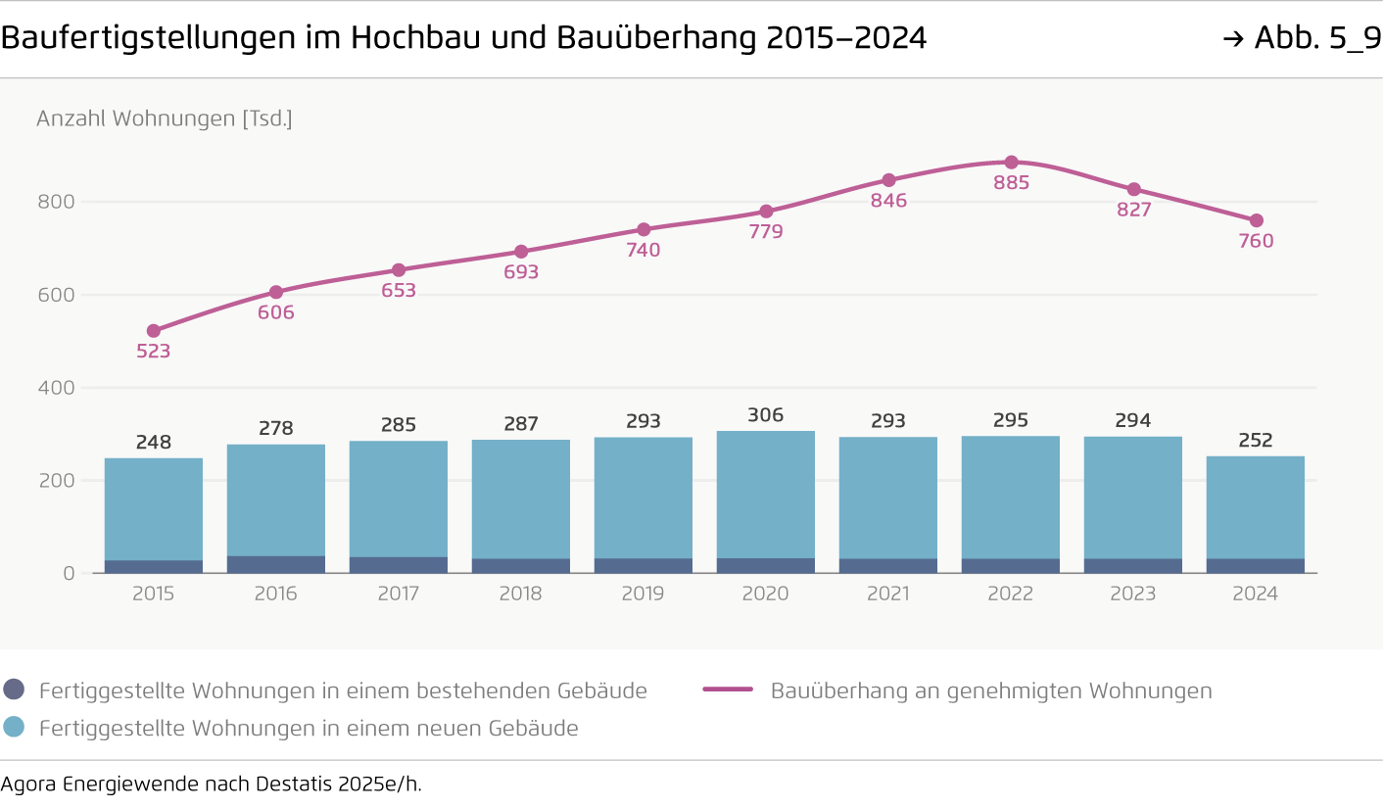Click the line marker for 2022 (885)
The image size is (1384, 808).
click(1011, 163)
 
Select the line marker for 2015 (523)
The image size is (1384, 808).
click(154, 331)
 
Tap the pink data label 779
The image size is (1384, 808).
click(766, 232)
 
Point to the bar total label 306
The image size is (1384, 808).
click(766, 415)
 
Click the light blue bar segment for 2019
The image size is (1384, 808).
click(644, 498)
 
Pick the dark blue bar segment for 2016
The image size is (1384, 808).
click(276, 564)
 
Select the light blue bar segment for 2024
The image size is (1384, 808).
click(1256, 507)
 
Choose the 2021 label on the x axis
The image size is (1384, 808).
click(888, 594)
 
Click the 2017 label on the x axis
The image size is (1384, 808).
click(399, 594)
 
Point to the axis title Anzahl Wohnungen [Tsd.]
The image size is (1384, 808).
click(165, 119)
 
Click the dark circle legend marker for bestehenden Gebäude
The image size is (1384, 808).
click(14, 689)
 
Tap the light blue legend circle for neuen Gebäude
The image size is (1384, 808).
click(14, 727)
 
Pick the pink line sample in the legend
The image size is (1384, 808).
click(728, 689)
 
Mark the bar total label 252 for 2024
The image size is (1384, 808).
click(1256, 441)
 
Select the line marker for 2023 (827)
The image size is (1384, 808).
click(1133, 189)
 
